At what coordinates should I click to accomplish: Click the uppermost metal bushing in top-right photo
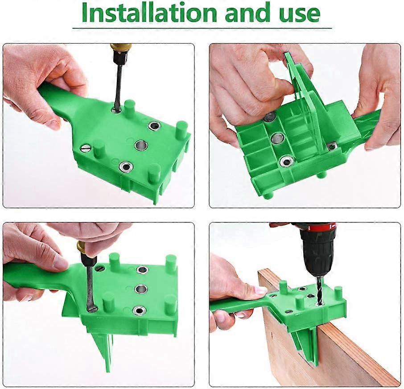[x=269, y=117]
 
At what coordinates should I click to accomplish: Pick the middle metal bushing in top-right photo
[x=277, y=138]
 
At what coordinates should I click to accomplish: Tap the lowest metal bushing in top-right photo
[x=286, y=161]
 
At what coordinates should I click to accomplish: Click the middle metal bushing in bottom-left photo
[x=141, y=289]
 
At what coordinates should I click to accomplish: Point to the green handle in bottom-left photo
[x=31, y=274]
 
